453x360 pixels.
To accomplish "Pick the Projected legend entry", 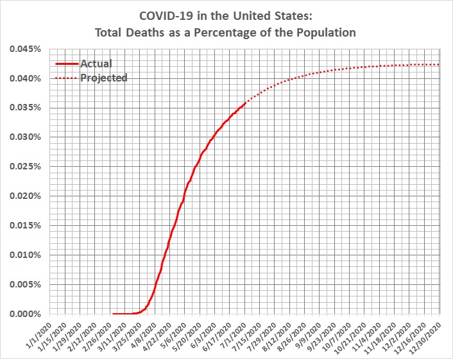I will pyautogui.click(x=104, y=78).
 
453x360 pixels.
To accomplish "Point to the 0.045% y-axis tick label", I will pyautogui.click(x=26, y=49).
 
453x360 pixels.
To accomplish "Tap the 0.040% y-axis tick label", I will pyautogui.click(x=26, y=78).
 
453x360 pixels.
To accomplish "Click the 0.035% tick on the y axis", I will pyautogui.click(x=26, y=108).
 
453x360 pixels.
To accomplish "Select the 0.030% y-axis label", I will pyautogui.click(x=26, y=137).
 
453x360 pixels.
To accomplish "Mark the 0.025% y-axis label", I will pyautogui.click(x=26, y=167).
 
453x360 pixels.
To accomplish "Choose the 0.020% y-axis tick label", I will pyautogui.click(x=26, y=196).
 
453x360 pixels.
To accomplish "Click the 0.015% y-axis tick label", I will pyautogui.click(x=26, y=225).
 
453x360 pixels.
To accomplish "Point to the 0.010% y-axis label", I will pyautogui.click(x=26, y=255).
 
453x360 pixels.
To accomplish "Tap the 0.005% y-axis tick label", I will pyautogui.click(x=26, y=284).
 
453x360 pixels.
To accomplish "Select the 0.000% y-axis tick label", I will pyautogui.click(x=26, y=314).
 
